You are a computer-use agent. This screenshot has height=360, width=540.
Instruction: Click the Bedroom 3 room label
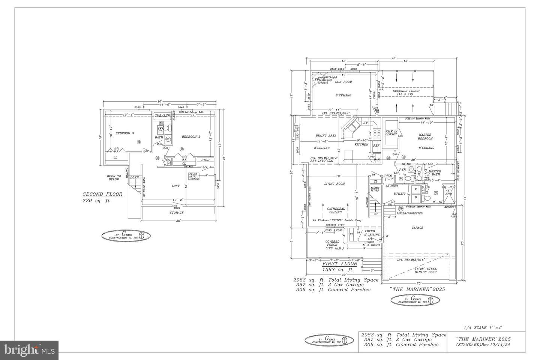(124, 133)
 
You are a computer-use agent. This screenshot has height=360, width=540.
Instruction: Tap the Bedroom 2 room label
(191, 137)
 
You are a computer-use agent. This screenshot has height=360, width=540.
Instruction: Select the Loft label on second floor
(175, 186)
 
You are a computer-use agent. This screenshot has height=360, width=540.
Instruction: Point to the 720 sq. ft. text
(97, 201)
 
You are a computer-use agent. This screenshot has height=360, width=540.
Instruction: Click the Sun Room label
(343, 82)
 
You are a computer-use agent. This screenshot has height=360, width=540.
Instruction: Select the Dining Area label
(326, 135)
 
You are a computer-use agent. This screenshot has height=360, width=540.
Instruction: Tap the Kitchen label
(361, 144)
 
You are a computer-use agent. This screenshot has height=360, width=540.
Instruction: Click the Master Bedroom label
(424, 136)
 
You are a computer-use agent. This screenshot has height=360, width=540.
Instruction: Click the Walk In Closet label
(391, 133)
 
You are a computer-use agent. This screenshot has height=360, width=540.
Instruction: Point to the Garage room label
(417, 228)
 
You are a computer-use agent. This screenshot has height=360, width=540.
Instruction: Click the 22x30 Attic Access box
(194, 176)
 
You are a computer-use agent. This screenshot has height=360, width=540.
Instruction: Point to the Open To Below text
(114, 178)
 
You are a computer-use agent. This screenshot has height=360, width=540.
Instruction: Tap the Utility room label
(400, 193)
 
